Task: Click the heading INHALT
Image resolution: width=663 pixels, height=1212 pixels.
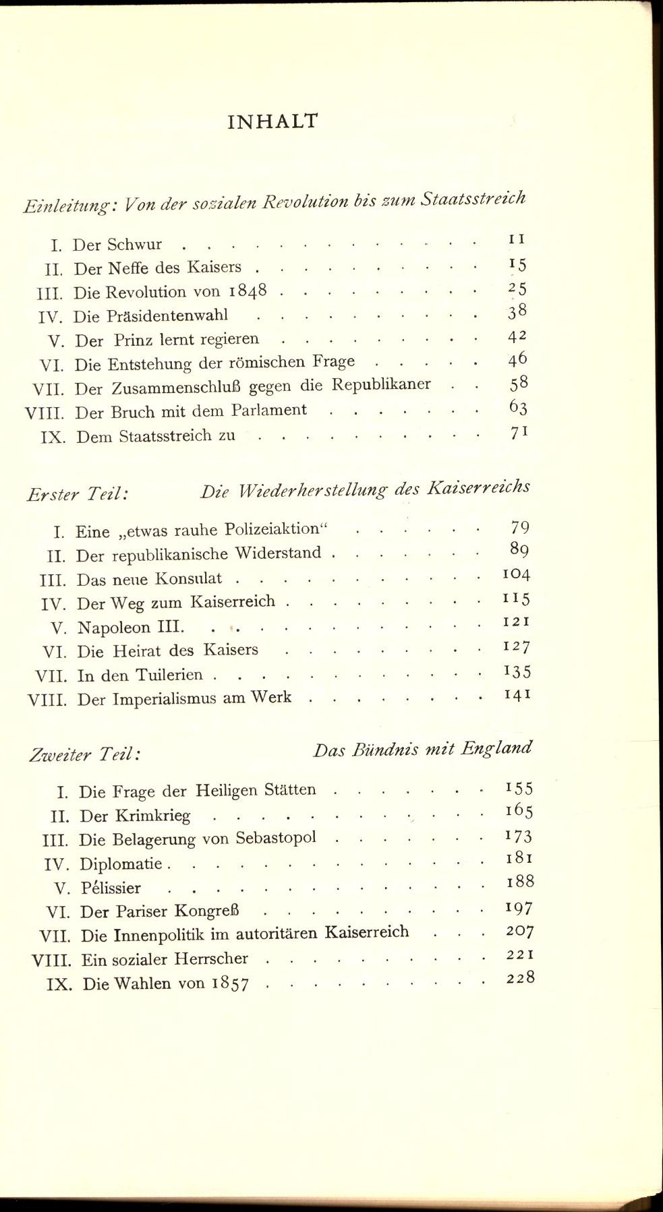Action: click(x=272, y=121)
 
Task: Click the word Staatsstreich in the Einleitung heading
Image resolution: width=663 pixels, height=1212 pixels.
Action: click(x=473, y=198)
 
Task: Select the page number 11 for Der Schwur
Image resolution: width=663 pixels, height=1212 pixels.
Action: click(x=517, y=239)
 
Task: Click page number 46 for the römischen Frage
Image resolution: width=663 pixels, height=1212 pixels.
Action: click(x=517, y=359)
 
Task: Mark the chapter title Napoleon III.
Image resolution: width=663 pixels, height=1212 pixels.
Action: click(x=131, y=627)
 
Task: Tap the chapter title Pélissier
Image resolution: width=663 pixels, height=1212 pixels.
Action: click(x=111, y=888)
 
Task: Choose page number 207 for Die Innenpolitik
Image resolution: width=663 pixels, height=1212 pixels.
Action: click(x=519, y=932)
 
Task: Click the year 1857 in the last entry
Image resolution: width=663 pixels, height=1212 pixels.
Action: click(x=230, y=984)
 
